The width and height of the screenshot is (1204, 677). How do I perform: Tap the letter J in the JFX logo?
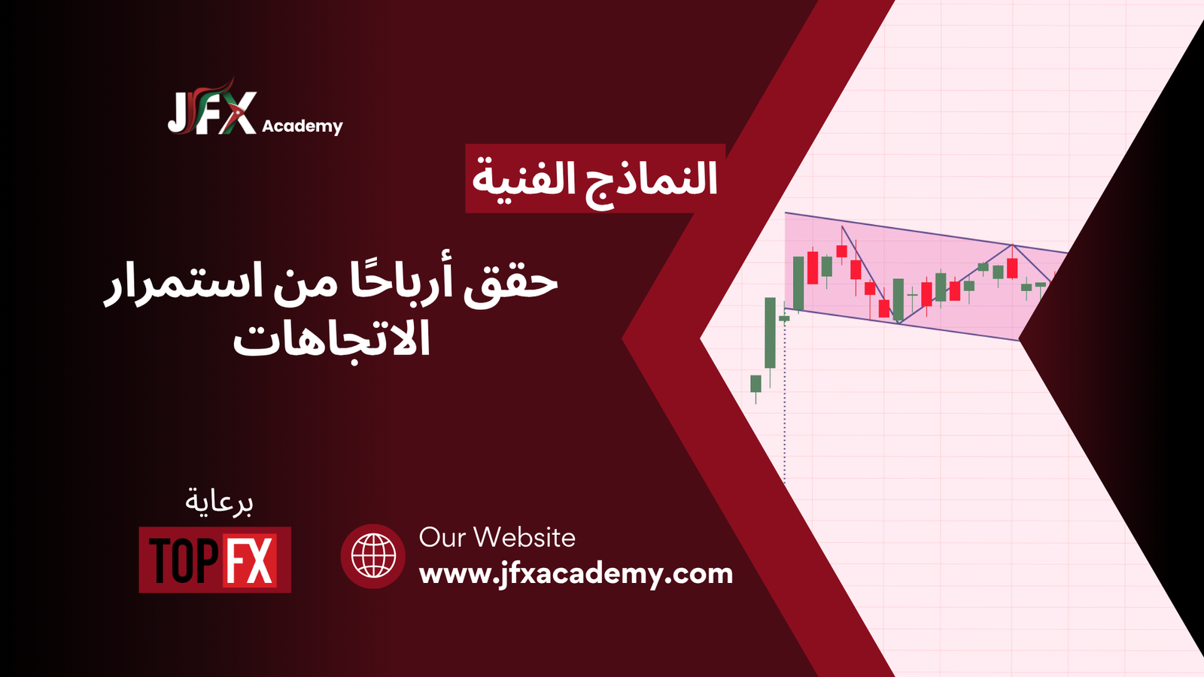click(x=178, y=114)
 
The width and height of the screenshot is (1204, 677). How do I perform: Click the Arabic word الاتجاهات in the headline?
click(x=332, y=338)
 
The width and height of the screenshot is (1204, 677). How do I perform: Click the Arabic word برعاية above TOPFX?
click(x=219, y=502)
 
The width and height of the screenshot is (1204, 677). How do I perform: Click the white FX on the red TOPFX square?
click(x=250, y=560)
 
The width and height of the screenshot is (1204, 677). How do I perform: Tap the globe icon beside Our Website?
click(x=373, y=556)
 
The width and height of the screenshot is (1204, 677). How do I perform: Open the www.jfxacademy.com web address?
click(x=576, y=575)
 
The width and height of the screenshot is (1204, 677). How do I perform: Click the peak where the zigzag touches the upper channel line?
click(x=1012, y=245)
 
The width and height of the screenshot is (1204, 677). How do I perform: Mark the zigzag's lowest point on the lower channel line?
click(x=899, y=323)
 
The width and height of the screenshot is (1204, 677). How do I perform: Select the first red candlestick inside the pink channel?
click(x=813, y=267)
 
